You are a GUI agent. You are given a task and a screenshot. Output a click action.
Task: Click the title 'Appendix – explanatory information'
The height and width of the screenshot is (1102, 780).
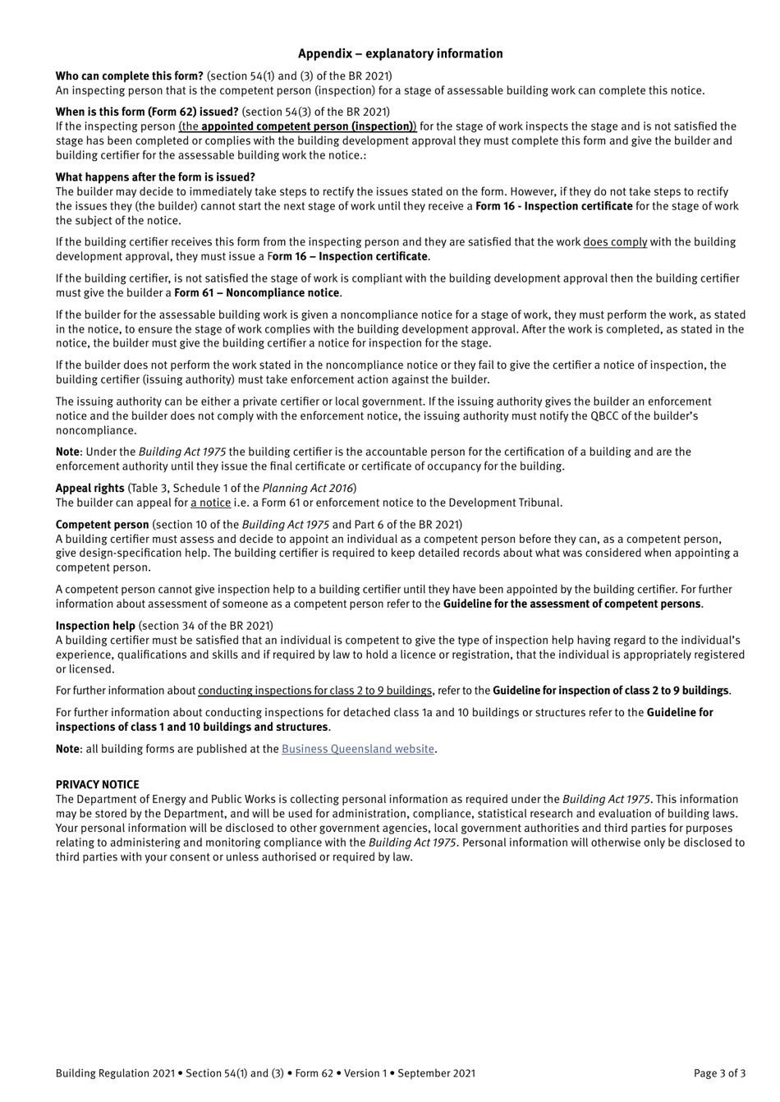pyautogui.click(x=400, y=53)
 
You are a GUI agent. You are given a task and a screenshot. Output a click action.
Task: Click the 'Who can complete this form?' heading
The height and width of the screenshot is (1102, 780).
pyautogui.click(x=130, y=76)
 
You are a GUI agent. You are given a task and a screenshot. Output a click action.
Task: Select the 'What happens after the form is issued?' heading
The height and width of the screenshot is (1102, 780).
pyautogui.click(x=155, y=177)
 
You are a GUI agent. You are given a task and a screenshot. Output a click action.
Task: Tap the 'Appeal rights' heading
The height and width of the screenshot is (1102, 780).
pyautogui.click(x=90, y=488)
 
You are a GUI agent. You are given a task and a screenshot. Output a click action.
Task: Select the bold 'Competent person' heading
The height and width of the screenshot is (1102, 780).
pyautogui.click(x=103, y=524)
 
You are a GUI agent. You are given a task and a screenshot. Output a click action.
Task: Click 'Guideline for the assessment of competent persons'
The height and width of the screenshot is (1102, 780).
pyautogui.click(x=571, y=604)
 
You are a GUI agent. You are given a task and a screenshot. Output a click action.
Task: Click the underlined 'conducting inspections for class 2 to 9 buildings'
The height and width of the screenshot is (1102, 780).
pyautogui.click(x=314, y=691)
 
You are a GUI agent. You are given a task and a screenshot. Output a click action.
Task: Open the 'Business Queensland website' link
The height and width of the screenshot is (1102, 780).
pyautogui.click(x=357, y=749)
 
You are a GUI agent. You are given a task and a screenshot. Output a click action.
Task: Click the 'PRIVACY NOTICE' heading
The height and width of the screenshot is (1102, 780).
pyautogui.click(x=98, y=784)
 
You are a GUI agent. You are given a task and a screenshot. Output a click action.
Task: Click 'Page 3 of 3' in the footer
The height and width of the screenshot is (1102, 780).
pyautogui.click(x=719, y=1072)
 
